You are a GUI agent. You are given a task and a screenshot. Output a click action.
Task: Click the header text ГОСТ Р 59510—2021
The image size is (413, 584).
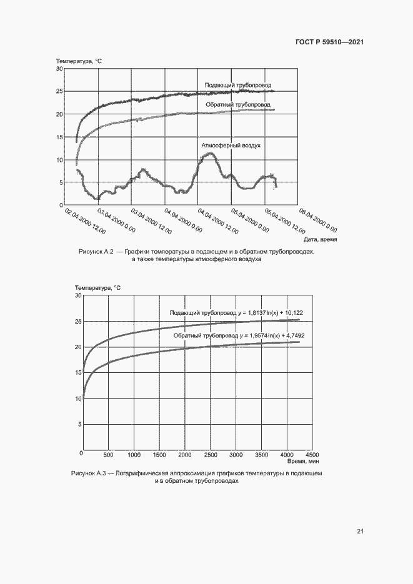[329, 42]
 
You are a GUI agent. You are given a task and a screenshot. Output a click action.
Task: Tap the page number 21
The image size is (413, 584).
[361, 532]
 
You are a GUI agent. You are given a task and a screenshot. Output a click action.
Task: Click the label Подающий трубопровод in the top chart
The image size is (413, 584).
[238, 85]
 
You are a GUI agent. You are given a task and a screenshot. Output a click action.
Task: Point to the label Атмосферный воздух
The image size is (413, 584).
[231, 145]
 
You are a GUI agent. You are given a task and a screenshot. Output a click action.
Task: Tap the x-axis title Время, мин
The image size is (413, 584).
[304, 461]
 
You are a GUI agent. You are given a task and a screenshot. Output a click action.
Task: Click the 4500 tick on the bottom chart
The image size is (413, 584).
[312, 455]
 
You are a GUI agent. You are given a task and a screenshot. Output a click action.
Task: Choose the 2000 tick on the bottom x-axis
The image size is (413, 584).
[185, 455]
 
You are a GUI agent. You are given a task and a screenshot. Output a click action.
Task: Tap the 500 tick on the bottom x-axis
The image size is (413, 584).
[109, 455]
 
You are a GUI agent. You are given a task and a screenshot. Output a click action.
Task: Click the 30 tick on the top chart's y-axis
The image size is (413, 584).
[59, 69]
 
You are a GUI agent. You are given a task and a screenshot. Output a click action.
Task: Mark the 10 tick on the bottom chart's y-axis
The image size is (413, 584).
[78, 398]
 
